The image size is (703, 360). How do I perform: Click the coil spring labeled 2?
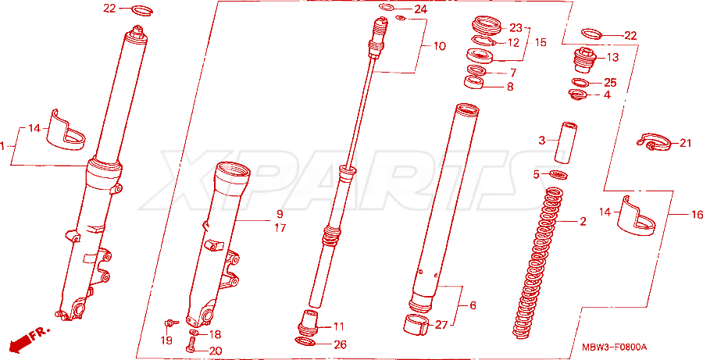pyautogui.click(x=537, y=262)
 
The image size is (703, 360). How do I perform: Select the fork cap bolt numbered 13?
pyautogui.click(x=584, y=59)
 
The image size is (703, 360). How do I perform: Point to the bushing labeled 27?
pyautogui.click(x=417, y=325)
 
